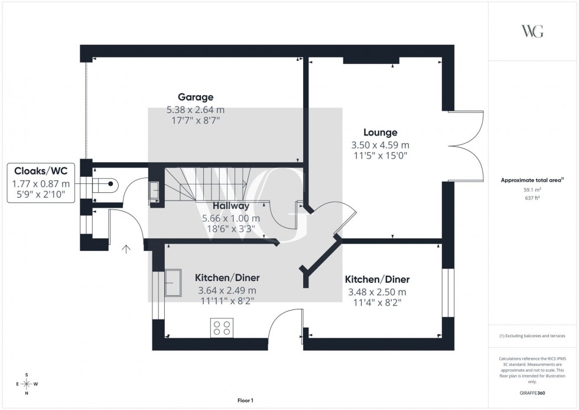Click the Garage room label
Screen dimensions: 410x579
tap(195, 97)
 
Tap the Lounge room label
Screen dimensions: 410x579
tap(380, 133)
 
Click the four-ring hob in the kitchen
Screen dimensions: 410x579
tap(222, 328)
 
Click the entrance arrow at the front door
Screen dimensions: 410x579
tap(126, 250)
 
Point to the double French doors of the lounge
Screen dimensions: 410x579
tap(467, 145)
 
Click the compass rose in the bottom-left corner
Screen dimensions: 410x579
tap(27, 384)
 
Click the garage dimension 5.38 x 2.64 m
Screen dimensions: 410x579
tap(195, 110)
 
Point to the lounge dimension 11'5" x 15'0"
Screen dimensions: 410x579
tap(380, 156)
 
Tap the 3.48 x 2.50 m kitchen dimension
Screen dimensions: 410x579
tap(377, 292)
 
